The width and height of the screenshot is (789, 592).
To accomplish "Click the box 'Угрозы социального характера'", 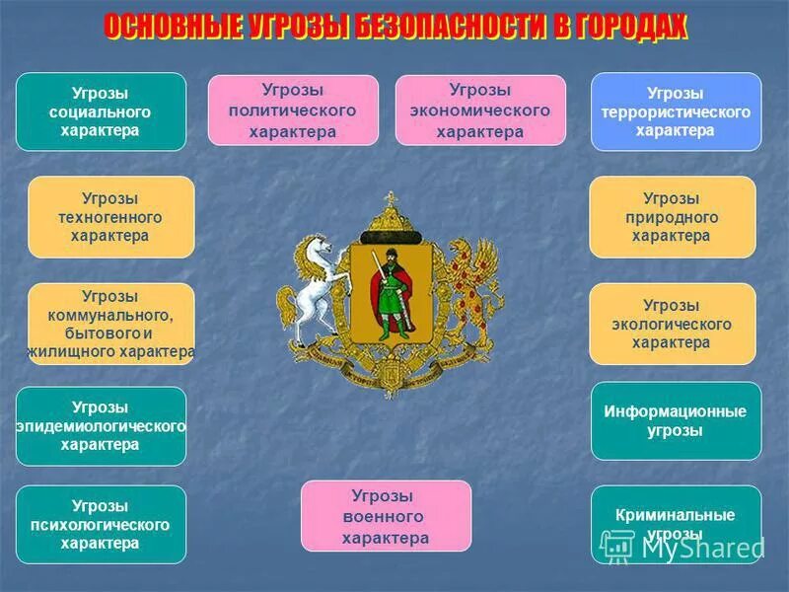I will click(101, 111).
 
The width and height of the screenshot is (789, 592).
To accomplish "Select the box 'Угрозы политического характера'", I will click(293, 111).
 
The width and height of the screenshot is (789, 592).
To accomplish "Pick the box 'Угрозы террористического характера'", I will click(676, 111).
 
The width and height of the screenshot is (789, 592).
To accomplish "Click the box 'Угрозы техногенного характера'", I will click(110, 217).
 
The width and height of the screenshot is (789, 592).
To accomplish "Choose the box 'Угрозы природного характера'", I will click(672, 217).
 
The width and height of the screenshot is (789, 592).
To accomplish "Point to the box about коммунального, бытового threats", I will click(110, 324).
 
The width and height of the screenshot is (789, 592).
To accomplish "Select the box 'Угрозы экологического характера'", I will click(672, 324).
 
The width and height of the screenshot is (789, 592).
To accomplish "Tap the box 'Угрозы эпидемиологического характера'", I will click(101, 425).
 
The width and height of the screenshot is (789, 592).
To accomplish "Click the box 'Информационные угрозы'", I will click(676, 420).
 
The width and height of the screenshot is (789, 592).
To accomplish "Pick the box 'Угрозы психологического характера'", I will click(101, 524).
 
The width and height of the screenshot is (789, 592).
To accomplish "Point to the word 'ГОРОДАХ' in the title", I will click(629, 29).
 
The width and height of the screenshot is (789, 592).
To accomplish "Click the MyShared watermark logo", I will click(681, 545).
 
